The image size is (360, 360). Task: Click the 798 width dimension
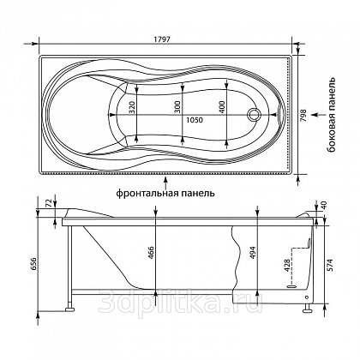(x=303, y=116)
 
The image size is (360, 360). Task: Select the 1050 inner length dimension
(x=195, y=120)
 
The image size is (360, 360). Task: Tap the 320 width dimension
(x=132, y=107)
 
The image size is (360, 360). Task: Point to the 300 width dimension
(x=177, y=107)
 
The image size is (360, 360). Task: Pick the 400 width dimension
(x=223, y=107)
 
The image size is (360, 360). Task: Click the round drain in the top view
(x=254, y=115)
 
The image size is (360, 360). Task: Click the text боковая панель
(x=331, y=115)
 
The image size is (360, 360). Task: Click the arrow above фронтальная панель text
(x=165, y=182)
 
